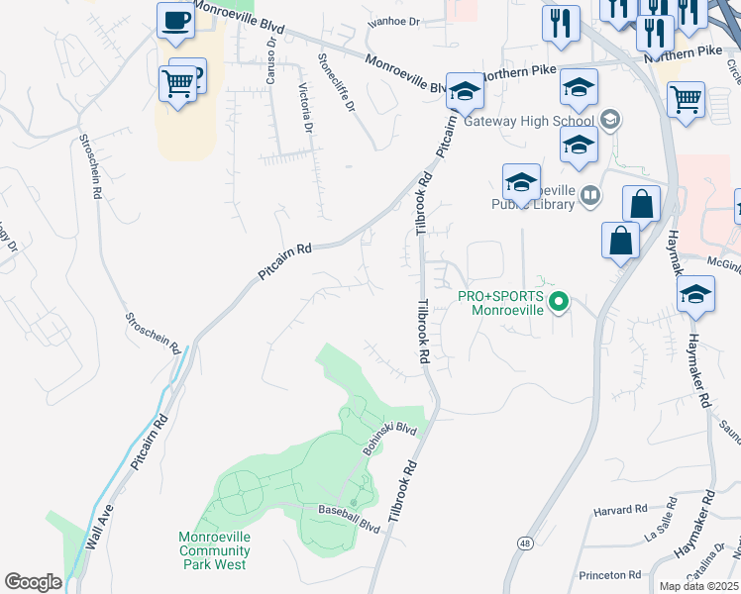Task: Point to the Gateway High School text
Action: [x=533, y=121]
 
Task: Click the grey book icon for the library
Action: [x=590, y=196]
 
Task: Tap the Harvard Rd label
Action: [x=620, y=511]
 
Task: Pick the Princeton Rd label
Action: [x=610, y=575]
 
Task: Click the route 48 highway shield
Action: [x=524, y=544]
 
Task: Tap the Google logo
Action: [x=33, y=582]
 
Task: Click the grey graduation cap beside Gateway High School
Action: [x=610, y=121]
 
